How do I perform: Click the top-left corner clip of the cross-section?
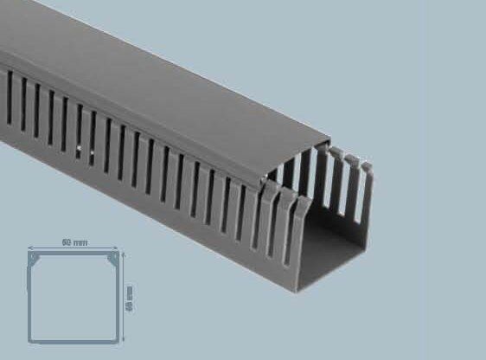(34, 258)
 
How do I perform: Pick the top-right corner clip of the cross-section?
(112, 258)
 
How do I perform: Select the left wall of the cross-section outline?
(29, 299)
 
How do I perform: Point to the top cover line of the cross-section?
(74, 254)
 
